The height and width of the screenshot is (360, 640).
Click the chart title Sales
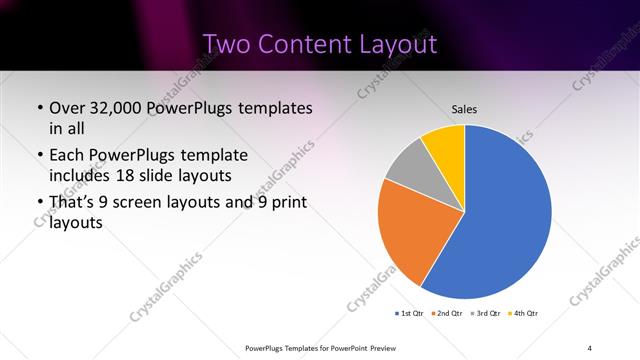464,109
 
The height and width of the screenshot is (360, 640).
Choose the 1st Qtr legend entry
410,314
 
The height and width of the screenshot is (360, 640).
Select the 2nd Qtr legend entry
447,314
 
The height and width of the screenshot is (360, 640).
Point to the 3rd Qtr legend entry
486,314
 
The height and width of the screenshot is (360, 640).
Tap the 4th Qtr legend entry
524,314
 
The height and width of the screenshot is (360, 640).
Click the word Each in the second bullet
67,156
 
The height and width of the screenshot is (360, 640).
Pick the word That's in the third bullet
72,203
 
